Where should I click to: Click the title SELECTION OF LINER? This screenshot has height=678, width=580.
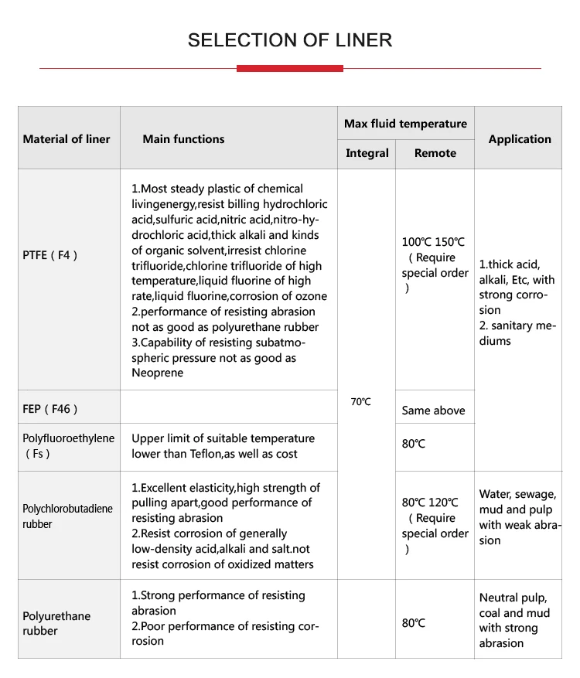click(x=290, y=40)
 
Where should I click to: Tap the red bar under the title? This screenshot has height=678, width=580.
click(x=290, y=69)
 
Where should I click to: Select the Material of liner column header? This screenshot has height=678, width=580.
click(x=67, y=139)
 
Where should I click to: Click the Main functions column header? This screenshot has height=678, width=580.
click(x=183, y=139)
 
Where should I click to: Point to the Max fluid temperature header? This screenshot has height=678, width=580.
click(x=405, y=124)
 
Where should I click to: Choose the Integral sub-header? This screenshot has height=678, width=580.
click(x=367, y=153)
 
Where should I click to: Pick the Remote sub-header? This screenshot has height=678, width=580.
click(x=435, y=153)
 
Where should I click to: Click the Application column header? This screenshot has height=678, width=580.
click(x=520, y=139)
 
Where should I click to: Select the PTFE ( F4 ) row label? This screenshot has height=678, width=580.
click(x=50, y=254)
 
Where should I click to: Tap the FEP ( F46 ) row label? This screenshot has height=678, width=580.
click(x=50, y=408)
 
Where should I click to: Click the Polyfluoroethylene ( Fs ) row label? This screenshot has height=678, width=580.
click(x=68, y=445)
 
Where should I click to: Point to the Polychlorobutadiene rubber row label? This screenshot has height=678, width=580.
click(x=67, y=516)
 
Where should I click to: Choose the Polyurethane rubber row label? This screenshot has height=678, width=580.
click(x=56, y=623)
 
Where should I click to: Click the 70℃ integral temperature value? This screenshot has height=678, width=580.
click(x=360, y=401)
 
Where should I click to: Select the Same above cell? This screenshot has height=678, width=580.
click(x=433, y=411)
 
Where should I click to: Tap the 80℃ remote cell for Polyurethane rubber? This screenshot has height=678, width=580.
click(x=414, y=622)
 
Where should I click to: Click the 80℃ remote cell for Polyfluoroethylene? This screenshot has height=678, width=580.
click(x=414, y=444)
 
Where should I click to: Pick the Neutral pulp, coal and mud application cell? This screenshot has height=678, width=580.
click(x=514, y=620)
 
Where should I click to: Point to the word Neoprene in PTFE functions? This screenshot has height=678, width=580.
click(x=158, y=373)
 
